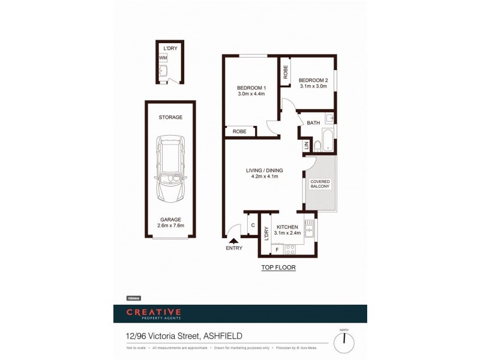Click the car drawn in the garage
(x=171, y=170)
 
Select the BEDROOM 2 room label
(x=313, y=80)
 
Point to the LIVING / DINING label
(x=264, y=170)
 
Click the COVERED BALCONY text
(x=320, y=184)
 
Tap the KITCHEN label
(x=286, y=227)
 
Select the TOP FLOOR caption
(x=278, y=268)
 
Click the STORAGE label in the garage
(x=170, y=117)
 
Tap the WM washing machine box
(x=163, y=58)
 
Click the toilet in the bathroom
(x=317, y=145)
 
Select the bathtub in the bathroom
(x=328, y=140)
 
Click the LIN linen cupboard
(x=306, y=145)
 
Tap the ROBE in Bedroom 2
(x=286, y=71)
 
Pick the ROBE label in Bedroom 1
(x=240, y=131)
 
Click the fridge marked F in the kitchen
(x=277, y=249)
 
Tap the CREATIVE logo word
(x=153, y=312)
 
